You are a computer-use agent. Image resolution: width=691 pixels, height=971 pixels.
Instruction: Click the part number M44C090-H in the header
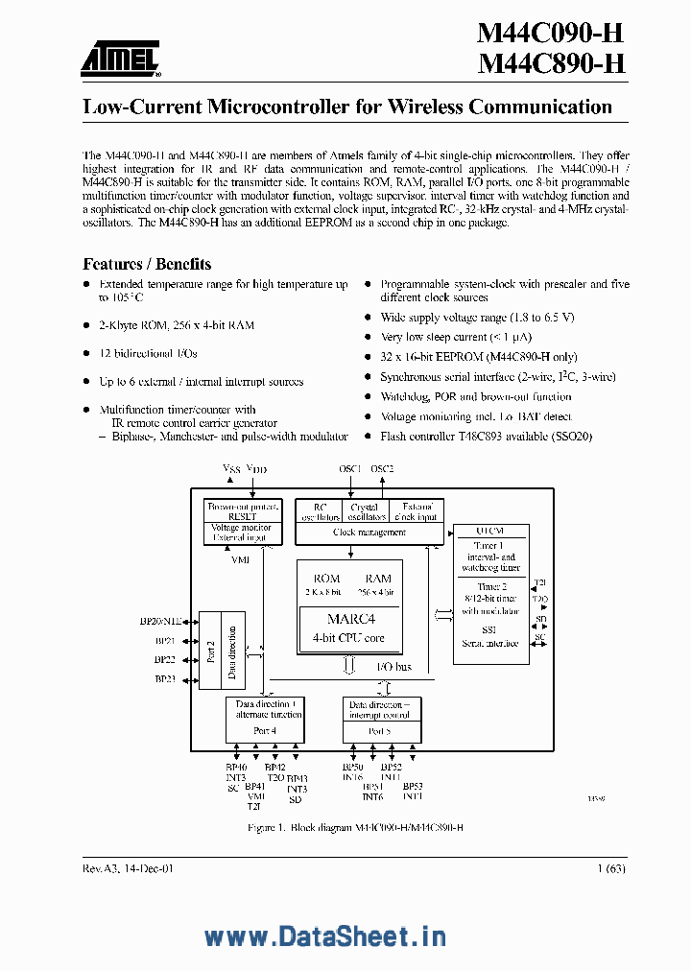tap(551, 34)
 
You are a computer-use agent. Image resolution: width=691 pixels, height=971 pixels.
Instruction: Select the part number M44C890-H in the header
tap(551, 65)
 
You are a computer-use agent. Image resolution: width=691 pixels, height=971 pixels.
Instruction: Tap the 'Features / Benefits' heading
tap(147, 264)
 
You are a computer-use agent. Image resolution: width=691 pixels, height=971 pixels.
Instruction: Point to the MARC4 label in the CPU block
tap(350, 619)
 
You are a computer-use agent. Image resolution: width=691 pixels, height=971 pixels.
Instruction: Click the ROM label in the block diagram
tap(327, 579)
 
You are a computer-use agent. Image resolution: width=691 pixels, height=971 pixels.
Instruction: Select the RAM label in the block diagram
tap(378, 579)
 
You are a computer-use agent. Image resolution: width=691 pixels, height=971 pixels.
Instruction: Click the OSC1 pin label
tap(350, 468)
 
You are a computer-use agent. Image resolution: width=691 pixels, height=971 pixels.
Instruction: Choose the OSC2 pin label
tap(382, 468)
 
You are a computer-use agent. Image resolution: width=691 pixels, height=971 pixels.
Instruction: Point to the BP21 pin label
tap(165, 641)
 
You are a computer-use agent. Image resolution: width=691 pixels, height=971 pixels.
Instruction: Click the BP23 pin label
tap(165, 679)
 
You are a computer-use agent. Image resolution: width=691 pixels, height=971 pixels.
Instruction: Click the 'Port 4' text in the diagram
tap(264, 730)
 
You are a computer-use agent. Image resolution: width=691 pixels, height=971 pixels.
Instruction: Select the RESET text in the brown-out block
tap(242, 515)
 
